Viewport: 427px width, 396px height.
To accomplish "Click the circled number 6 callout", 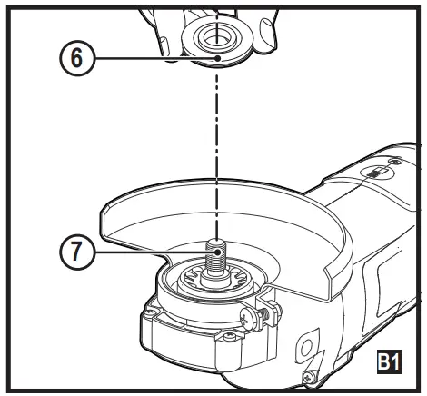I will pos(76,58).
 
